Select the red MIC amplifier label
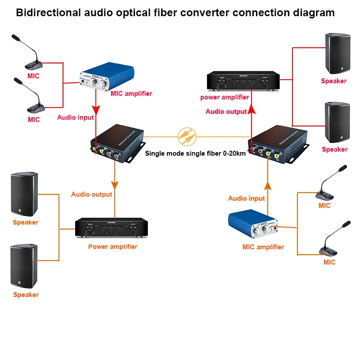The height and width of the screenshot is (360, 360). tap(131, 94)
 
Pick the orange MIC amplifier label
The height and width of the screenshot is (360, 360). tap(263, 247)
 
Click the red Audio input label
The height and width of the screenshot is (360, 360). tap(76, 117)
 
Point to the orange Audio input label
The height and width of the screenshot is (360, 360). tap(247, 198)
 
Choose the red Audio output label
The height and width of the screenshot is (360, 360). tap(226, 112)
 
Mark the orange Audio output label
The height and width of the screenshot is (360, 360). tap(92, 194)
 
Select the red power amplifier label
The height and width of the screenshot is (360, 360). tap(225, 97)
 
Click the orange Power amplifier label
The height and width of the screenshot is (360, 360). tap(112, 247)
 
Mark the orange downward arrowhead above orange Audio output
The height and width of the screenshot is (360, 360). tap(115, 184)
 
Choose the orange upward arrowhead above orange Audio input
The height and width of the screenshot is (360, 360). tap(268, 185)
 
